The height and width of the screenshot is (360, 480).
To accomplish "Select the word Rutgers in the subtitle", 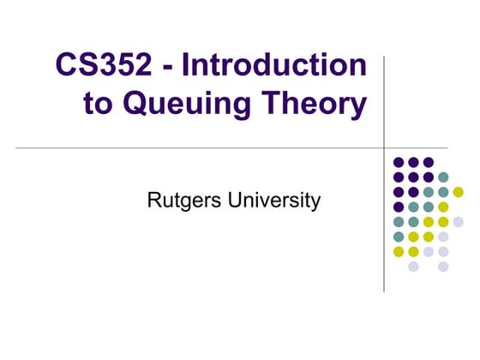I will point(181,202).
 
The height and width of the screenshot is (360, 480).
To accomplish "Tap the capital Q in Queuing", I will point(135,105).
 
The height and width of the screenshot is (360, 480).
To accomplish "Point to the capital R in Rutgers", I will point(153,202).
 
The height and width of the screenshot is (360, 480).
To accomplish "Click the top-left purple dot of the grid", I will point(399,162).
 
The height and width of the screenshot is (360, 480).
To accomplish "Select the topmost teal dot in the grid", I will point(443,177).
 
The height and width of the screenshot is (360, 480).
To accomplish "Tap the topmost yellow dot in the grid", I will point(458,192).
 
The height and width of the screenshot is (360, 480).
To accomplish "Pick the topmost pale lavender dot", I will point(458,222).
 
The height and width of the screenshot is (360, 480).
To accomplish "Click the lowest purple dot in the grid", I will point(399,207).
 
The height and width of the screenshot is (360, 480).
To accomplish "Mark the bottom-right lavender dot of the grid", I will point(443,267).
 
